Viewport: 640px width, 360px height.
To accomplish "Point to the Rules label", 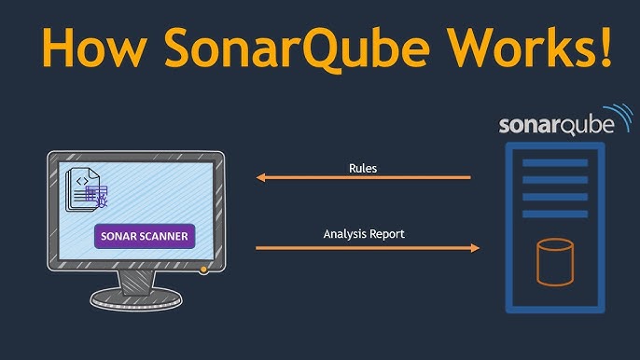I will coord(363,168).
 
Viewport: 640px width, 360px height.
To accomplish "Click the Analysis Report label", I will coord(364,233).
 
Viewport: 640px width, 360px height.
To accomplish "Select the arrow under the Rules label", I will coord(364,177).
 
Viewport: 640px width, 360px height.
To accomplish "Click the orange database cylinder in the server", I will coord(555,261).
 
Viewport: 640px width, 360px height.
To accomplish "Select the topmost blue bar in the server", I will coord(554,163).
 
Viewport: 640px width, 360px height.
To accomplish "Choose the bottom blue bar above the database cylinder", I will coord(554,212).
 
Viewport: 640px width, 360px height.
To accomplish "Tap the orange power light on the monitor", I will coord(204,270).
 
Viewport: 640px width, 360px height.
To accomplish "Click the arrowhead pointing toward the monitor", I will coord(262,177).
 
